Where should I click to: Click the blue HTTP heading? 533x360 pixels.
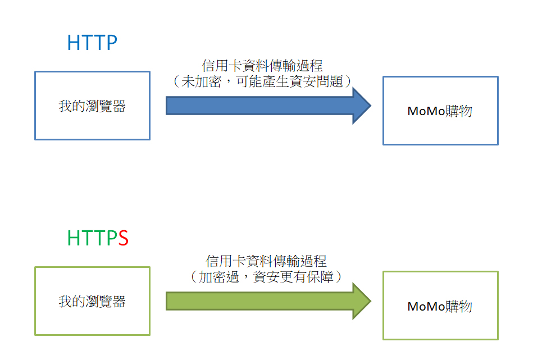92,43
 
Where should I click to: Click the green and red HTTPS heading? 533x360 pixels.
98,238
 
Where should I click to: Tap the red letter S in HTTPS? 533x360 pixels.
124,238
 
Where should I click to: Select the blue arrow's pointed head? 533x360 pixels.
362,106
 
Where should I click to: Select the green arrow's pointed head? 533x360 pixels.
362,301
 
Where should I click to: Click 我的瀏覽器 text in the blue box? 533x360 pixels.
92,106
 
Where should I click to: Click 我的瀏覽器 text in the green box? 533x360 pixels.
92,302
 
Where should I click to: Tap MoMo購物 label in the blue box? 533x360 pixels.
440,111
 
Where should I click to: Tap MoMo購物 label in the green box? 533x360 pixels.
440,306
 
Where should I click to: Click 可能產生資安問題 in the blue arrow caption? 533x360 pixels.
290,81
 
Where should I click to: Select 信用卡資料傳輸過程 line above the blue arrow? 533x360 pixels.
262,66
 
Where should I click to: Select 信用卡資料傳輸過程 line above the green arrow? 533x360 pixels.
266,261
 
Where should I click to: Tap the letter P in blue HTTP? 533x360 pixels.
111,43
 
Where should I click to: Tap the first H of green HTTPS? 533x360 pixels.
74,238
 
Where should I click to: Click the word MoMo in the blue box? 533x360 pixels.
426,111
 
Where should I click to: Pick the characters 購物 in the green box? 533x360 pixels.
459,306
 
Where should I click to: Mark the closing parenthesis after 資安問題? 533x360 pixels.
348,81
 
